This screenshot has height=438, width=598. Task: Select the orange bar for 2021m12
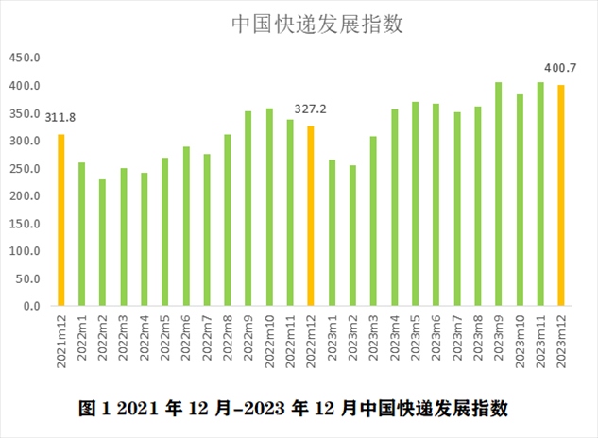[x=61, y=220]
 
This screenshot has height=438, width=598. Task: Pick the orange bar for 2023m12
[x=560, y=195]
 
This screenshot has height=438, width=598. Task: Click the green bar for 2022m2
[x=103, y=243]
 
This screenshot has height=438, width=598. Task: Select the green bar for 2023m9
[x=498, y=194]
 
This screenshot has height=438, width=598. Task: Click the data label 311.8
[x=61, y=117]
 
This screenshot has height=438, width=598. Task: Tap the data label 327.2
[x=310, y=109]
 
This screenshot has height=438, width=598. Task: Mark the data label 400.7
[x=560, y=68]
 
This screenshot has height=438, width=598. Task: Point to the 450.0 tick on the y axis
[x=26, y=59]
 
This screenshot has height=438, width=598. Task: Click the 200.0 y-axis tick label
[x=26, y=196]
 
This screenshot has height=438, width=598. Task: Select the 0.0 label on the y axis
[x=31, y=307]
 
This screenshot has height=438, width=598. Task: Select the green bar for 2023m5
[x=415, y=204]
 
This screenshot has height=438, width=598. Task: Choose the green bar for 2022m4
[x=145, y=240]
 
